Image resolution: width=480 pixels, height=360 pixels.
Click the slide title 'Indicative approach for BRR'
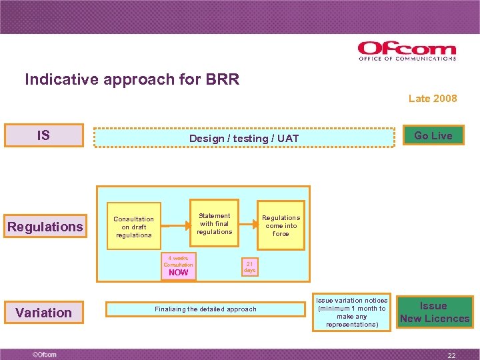tap(132, 79)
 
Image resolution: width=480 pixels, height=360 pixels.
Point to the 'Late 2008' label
tap(433, 98)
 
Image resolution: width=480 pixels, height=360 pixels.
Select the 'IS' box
tap(44, 135)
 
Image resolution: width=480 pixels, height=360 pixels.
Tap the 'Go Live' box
tap(433, 135)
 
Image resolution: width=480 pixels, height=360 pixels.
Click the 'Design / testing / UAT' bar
tap(244, 138)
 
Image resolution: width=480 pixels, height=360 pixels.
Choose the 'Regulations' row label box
tap(45, 227)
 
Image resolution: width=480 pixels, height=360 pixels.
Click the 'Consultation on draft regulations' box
tap(134, 227)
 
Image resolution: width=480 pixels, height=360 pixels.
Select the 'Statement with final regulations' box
tap(214, 223)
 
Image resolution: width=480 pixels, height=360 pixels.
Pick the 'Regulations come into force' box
tap(281, 225)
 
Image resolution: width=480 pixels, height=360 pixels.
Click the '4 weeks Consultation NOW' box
tap(179, 265)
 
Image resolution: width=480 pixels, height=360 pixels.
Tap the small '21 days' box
tap(249, 267)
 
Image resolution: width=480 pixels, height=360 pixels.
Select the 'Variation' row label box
tap(44, 312)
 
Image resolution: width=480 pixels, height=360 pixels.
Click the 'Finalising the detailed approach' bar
tap(205, 309)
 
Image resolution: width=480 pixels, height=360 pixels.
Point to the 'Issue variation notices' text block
tap(351, 312)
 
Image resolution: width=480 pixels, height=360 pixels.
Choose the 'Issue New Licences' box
tap(434, 312)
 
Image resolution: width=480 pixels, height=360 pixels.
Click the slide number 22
tap(451, 356)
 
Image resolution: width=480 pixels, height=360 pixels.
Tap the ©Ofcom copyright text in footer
tap(45, 354)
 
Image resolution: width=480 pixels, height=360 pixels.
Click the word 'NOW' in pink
tap(179, 272)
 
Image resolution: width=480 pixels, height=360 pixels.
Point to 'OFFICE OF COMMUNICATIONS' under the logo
tap(407, 59)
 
